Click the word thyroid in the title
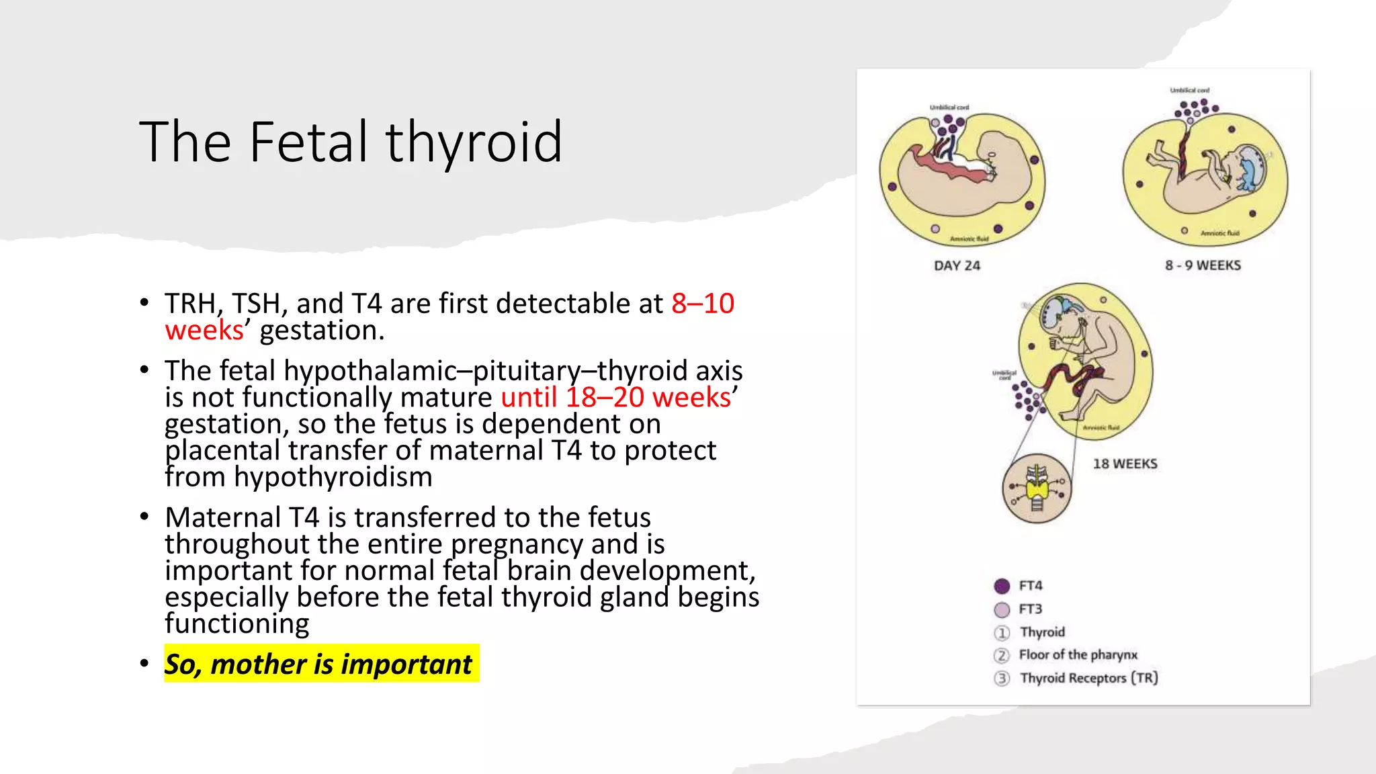click(x=474, y=142)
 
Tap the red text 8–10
click(x=703, y=304)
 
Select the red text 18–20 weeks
click(x=648, y=397)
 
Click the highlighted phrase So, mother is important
click(x=318, y=664)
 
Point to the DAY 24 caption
click(x=957, y=265)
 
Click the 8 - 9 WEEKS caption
click(x=1203, y=265)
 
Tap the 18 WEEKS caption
click(x=1125, y=464)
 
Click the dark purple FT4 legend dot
click(x=1002, y=586)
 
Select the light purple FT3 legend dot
click(x=1002, y=609)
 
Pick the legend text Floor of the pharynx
click(x=1078, y=654)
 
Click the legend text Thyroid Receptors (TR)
click(x=1088, y=678)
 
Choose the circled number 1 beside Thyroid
click(x=1002, y=633)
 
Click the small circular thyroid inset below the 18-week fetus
click(x=1037, y=488)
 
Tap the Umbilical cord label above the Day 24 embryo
click(x=949, y=107)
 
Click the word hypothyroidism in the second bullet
click(x=333, y=477)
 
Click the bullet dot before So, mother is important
click(x=144, y=664)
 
